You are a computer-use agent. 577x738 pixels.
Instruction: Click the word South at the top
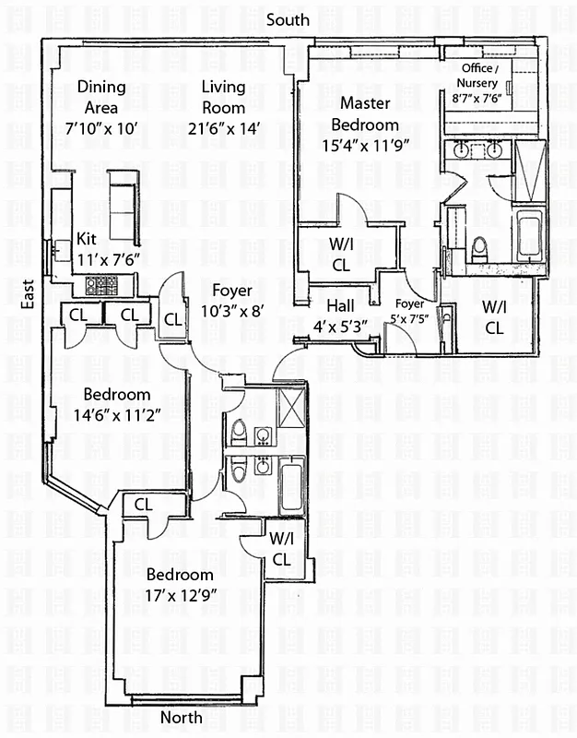tap(288, 20)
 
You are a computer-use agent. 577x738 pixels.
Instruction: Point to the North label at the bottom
tap(182, 718)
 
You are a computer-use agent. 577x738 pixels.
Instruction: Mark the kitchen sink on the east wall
tap(60, 249)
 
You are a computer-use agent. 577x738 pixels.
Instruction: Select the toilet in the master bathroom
tap(478, 249)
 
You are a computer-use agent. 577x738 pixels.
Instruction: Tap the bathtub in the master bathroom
tap(528, 234)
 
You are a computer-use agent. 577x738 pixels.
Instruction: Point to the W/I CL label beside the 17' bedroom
tap(281, 548)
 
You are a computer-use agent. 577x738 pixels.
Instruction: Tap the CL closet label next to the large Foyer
tap(172, 320)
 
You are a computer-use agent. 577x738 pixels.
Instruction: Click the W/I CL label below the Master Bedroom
tap(341, 255)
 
